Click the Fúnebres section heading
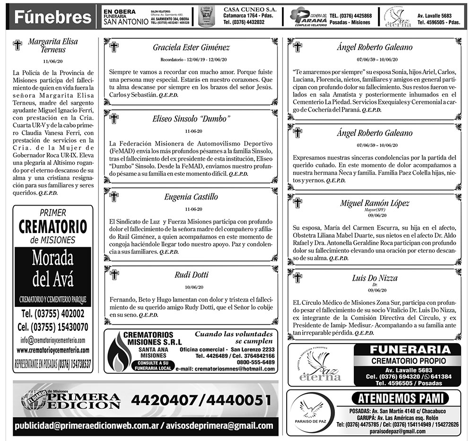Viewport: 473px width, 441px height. pyautogui.click(x=52, y=17)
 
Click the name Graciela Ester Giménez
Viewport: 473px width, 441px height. pyautogui.click(x=191, y=47)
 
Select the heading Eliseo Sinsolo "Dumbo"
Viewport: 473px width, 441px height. pyautogui.click(x=191, y=118)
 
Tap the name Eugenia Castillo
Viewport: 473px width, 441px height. pyautogui.click(x=191, y=196)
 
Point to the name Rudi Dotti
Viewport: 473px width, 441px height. pyautogui.click(x=191, y=275)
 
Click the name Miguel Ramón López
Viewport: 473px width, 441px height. pyautogui.click(x=375, y=203)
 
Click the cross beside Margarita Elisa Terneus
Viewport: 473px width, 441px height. pyautogui.click(x=18, y=45)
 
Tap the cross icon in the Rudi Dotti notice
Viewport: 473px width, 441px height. pyautogui.click(x=114, y=275)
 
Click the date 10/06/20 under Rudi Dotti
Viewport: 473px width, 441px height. pyautogui.click(x=191, y=287)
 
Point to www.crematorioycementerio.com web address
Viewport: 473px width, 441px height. pyautogui.click(x=53, y=350)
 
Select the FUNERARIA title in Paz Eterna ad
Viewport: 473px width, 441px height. pyautogui.click(x=410, y=350)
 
